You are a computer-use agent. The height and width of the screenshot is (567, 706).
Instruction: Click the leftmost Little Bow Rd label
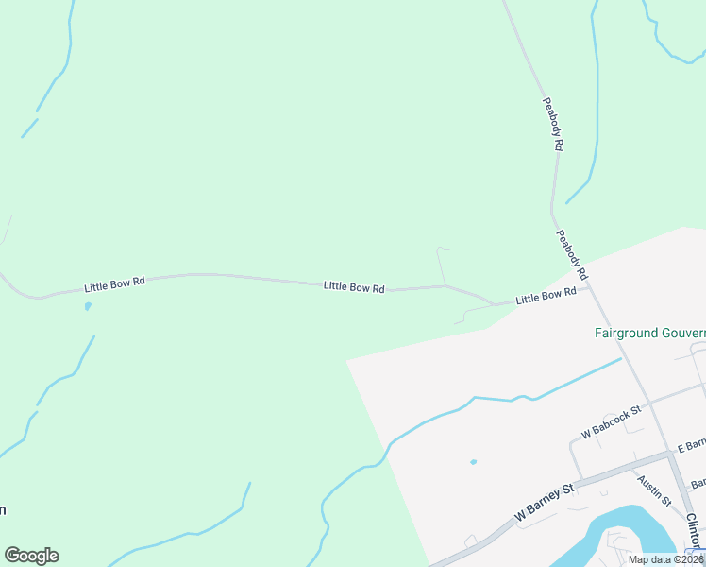pos(114,283)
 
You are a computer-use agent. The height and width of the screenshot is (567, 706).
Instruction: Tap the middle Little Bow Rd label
pos(354,286)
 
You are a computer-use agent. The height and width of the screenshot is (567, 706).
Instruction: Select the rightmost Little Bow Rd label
pos(546,297)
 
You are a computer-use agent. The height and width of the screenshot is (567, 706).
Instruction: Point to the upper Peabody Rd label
pos(552,124)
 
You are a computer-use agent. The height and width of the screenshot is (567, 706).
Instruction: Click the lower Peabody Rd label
pos(572,255)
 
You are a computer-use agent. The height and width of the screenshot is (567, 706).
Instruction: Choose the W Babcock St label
pos(612,422)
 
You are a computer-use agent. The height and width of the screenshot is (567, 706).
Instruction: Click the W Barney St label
pos(545,504)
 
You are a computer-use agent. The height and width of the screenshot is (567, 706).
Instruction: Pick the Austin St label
pos(653,490)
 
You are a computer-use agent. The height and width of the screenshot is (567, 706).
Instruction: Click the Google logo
pos(31,556)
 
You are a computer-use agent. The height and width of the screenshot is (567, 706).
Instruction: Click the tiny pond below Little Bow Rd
pos(88,306)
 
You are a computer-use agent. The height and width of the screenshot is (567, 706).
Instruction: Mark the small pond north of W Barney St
pos(473,462)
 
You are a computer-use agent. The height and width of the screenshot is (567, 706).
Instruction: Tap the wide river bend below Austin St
pos(623,529)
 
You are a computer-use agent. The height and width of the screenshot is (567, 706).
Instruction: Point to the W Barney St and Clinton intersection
pos(672,455)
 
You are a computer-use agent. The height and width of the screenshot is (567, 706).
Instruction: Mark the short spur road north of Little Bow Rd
pos(441,265)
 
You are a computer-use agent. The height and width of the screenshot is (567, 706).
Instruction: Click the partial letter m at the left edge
pos(3,510)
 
